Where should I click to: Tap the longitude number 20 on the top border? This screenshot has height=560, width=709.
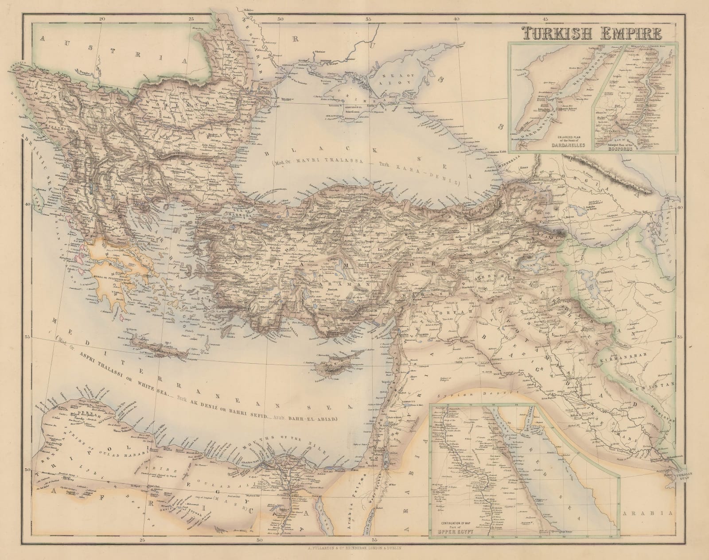click(x=102, y=19)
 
